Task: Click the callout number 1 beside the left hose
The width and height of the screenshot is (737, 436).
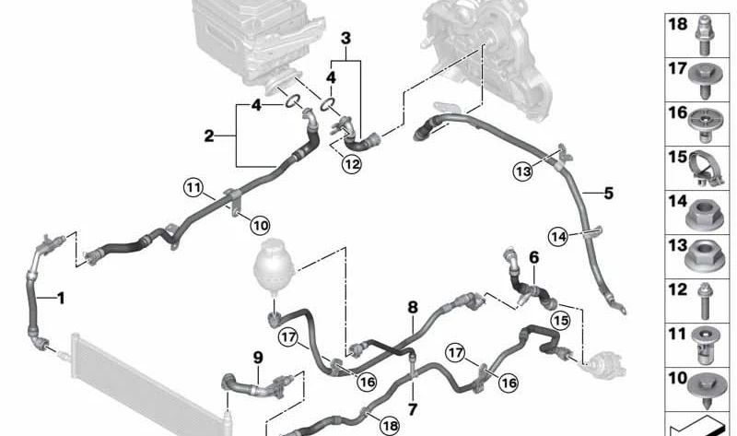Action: (x=61, y=298)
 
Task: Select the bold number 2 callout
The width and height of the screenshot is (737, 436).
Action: (x=209, y=136)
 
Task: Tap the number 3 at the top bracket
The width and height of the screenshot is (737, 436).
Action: (x=345, y=38)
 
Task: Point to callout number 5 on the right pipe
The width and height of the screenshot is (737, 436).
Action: (x=608, y=194)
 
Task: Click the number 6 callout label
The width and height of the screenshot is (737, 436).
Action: (x=532, y=260)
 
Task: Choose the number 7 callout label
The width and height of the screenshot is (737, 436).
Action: (x=412, y=408)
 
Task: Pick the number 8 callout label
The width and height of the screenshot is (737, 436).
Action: (x=413, y=307)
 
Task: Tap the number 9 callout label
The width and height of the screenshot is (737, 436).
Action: (x=258, y=358)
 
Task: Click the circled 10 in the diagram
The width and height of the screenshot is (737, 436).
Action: (x=261, y=224)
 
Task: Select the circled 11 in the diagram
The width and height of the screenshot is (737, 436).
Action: (x=192, y=189)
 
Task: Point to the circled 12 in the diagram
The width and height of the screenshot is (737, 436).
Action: (x=351, y=165)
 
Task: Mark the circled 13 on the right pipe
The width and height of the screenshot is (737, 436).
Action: (x=523, y=171)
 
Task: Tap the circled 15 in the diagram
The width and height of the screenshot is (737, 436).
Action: (x=560, y=319)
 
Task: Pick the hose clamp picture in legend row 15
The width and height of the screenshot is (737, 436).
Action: (x=706, y=168)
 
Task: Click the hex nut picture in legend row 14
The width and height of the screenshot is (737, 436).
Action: (x=706, y=212)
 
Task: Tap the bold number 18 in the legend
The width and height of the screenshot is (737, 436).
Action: (x=677, y=25)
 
